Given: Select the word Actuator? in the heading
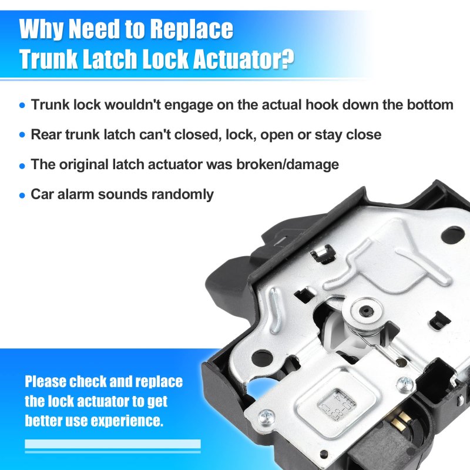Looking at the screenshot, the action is [x=243, y=58].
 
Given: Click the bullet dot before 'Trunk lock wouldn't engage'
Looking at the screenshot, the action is [x=22, y=105].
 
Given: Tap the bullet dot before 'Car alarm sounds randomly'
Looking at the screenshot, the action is [x=22, y=196].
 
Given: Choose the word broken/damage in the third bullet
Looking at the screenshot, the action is [x=287, y=164].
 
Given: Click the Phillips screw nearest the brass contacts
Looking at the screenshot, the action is [x=405, y=384].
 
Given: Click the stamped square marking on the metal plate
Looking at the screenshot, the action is [x=337, y=405].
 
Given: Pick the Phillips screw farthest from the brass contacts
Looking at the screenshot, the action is [x=266, y=418].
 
